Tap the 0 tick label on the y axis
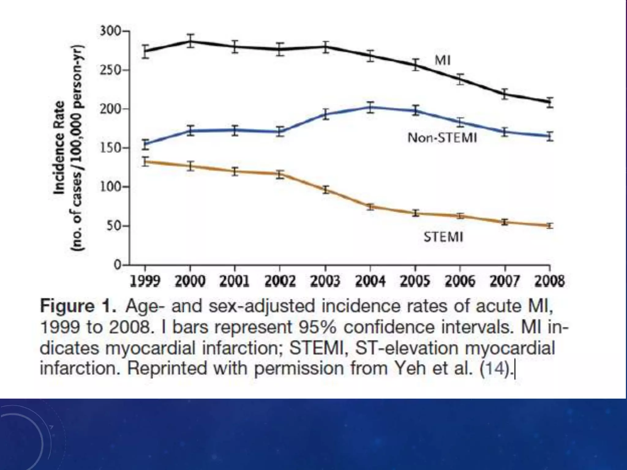pyautogui.click(x=118, y=265)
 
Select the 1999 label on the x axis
pyautogui.click(x=145, y=281)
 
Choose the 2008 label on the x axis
pyautogui.click(x=550, y=281)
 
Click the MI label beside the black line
pyautogui.click(x=442, y=61)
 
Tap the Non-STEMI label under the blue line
pyautogui.click(x=442, y=138)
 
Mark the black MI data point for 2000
pyautogui.click(x=190, y=41)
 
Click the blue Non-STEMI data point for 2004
pyautogui.click(x=370, y=107)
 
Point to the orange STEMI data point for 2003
pyautogui.click(x=325, y=190)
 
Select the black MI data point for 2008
pyautogui.click(x=550, y=102)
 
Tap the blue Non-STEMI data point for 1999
pyautogui.click(x=146, y=144)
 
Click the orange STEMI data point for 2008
pyautogui.click(x=550, y=226)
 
